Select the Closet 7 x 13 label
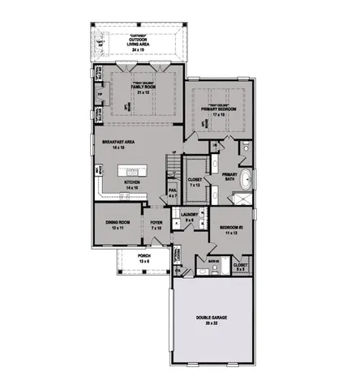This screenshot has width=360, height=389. tap(195, 182)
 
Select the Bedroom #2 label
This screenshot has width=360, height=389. tap(230, 229)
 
